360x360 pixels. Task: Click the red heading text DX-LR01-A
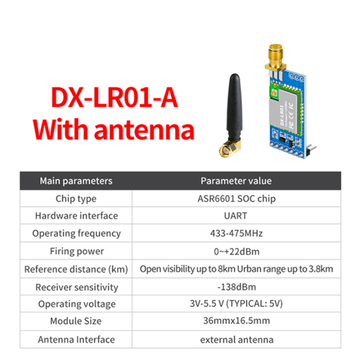(x=114, y=98)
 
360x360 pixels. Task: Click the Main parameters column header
(x=76, y=181)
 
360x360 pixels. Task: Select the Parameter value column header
(x=236, y=181)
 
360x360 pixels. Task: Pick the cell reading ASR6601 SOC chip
(x=236, y=198)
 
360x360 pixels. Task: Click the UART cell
(x=236, y=216)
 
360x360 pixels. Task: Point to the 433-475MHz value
(x=236, y=233)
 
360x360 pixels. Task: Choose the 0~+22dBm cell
(x=236, y=251)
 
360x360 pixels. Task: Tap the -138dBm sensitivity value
(x=236, y=287)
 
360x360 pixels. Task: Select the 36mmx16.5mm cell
(x=236, y=321)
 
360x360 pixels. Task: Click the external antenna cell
(x=236, y=339)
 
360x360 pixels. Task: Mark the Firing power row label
(x=76, y=251)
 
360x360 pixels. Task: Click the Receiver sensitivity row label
(x=76, y=287)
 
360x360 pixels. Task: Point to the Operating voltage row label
(x=76, y=304)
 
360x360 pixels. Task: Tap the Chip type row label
(x=76, y=198)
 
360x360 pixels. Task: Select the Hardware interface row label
(x=76, y=216)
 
